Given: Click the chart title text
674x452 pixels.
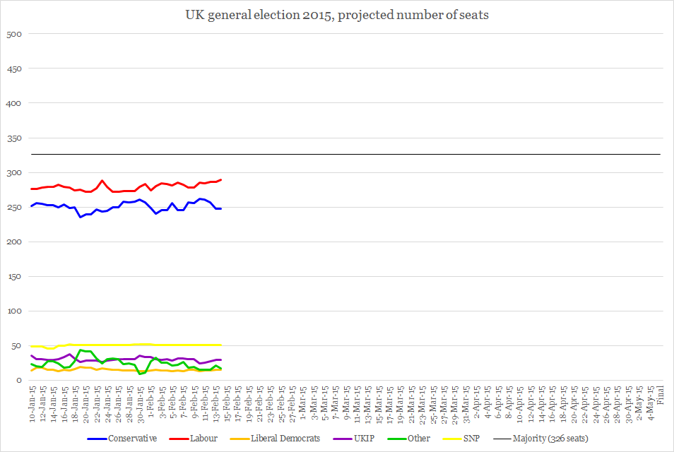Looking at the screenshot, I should [x=336, y=15].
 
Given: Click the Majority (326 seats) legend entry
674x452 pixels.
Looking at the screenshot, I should [x=550, y=439].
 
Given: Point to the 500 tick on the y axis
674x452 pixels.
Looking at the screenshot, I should [x=14, y=35].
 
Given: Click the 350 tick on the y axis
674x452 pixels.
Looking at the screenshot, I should [x=14, y=138].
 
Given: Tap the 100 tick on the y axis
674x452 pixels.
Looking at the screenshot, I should [x=14, y=311].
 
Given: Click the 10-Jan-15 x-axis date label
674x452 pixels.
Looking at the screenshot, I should [x=32, y=400].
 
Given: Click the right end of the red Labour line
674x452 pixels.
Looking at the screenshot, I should [x=221, y=179].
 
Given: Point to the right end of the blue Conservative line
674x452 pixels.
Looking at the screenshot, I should [x=221, y=208].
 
